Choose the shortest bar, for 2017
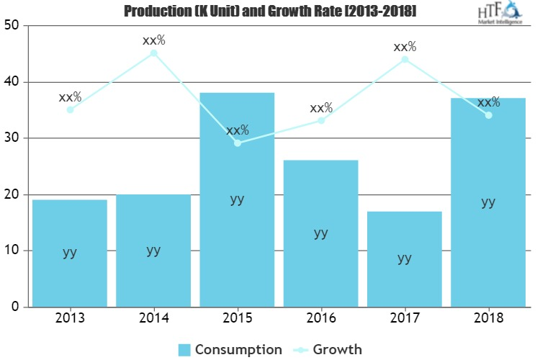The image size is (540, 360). [x=405, y=258]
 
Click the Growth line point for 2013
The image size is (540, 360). [x=70, y=110]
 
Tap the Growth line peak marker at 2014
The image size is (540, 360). [x=153, y=53]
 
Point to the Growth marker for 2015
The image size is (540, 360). [x=238, y=143]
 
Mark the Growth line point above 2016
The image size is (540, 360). [x=321, y=120]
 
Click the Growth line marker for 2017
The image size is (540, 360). [x=405, y=59]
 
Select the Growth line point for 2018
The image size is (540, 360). [x=488, y=115]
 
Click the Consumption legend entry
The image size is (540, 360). [x=230, y=349]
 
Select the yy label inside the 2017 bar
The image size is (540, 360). [x=405, y=258]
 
